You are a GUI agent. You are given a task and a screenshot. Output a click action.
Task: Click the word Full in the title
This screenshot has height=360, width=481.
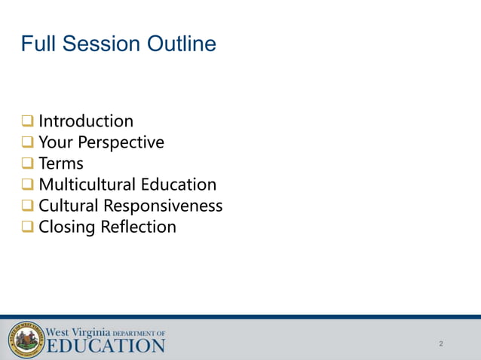click(x=38, y=44)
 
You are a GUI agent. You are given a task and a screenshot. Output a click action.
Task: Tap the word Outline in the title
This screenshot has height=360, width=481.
click(x=180, y=44)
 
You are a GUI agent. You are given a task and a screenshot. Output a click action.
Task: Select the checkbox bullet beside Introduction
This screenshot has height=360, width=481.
click(x=27, y=121)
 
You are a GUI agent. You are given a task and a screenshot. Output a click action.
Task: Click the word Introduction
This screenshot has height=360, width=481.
click(x=86, y=121)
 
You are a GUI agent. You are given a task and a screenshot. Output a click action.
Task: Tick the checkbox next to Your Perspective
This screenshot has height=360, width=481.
click(x=27, y=142)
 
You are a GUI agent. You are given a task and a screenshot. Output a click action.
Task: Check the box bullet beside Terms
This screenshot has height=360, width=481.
click(x=27, y=163)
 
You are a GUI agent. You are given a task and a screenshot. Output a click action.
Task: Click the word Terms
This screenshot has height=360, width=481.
click(x=61, y=163)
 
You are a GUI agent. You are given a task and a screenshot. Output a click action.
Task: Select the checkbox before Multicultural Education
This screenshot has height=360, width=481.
click(x=27, y=185)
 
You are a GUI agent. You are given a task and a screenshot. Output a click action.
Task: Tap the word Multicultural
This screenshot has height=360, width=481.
click(x=87, y=185)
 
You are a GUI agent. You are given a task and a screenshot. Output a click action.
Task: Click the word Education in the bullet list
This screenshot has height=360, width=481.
click(x=178, y=185)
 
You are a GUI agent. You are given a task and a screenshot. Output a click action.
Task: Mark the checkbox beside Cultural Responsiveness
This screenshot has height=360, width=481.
click(x=27, y=206)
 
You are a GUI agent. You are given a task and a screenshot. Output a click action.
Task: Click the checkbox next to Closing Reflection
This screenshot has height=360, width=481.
click(x=27, y=227)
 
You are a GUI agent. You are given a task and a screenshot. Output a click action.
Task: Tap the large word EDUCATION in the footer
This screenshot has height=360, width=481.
click(x=106, y=346)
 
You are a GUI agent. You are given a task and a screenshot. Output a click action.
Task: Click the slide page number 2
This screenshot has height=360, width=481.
click(x=441, y=344)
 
